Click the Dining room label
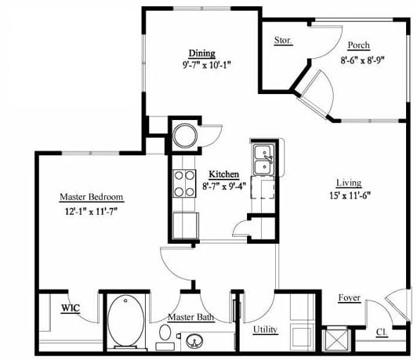(201, 53)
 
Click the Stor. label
(283, 41)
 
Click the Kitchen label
(223, 174)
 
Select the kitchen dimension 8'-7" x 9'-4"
(223, 187)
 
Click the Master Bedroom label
(92, 197)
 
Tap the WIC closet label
(71, 308)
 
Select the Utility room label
(265, 329)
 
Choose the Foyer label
(349, 298)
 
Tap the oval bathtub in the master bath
(125, 322)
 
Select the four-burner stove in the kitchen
(184, 184)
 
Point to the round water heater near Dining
(185, 136)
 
